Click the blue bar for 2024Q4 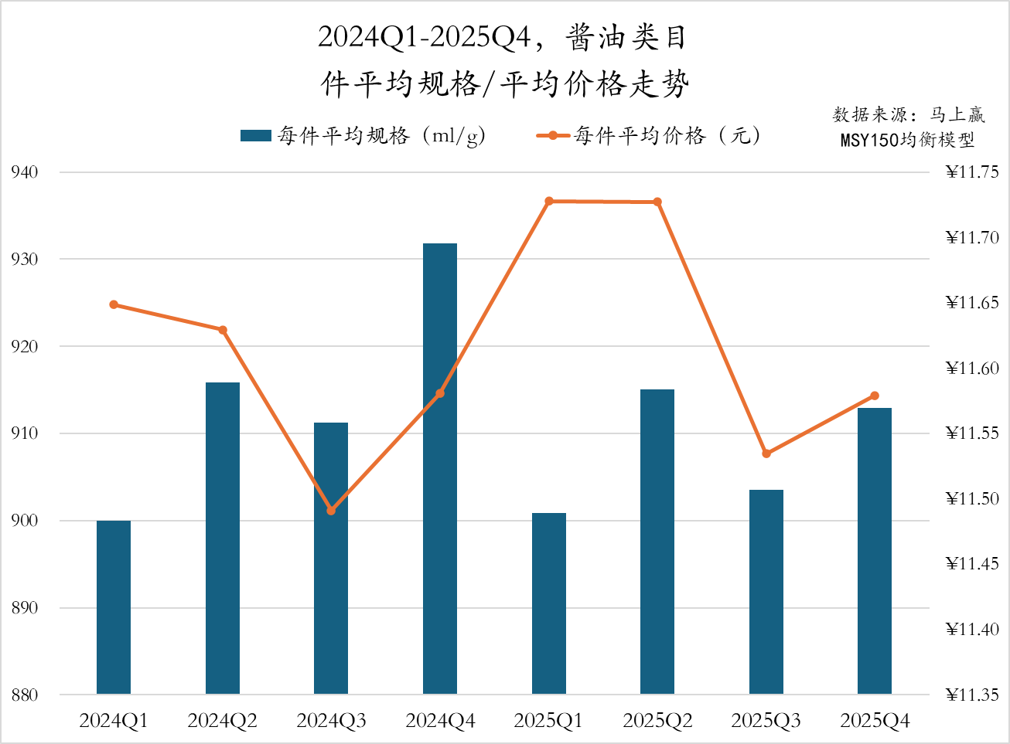pos(440,468)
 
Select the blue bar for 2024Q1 pos(114,607)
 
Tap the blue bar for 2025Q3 pos(766,592)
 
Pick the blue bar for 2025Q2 pos(657,542)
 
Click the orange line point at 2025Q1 pos(549,201)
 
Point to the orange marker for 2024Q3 pos(331,511)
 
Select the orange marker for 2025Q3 pos(766,454)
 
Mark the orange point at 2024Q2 pos(223,330)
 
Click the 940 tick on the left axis pos(25,172)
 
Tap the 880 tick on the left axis pos(25,695)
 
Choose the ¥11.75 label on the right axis pos(972,172)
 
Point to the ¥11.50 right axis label pos(972,498)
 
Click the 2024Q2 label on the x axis pos(223,721)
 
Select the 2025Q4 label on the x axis pos(875,721)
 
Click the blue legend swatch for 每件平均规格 pos(255,136)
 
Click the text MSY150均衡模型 pos(907,140)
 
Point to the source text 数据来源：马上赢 pos(909,115)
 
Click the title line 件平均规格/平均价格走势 pos(505,84)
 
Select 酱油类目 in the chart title pos(626,37)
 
